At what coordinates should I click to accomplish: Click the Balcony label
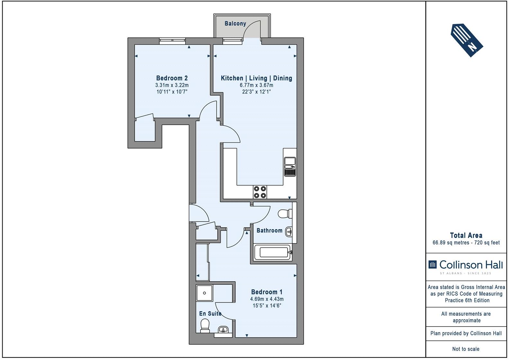pyautogui.click(x=235, y=23)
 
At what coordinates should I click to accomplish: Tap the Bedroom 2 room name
pyautogui.click(x=172, y=78)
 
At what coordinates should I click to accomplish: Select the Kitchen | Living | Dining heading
pyautogui.click(x=256, y=78)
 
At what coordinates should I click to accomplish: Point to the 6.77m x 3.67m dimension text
pyautogui.click(x=256, y=85)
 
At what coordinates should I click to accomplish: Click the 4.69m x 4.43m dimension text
pyautogui.click(x=267, y=299)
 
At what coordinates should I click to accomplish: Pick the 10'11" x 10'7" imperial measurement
pyautogui.click(x=172, y=92)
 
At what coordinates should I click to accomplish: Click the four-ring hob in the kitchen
pyautogui.click(x=260, y=192)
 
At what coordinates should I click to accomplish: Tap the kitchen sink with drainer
pyautogui.click(x=290, y=166)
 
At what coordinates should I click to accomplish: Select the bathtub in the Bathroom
pyautogui.click(x=273, y=252)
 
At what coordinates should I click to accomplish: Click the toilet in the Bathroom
pyautogui.click(x=285, y=214)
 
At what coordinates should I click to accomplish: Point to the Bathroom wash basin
pyautogui.click(x=289, y=232)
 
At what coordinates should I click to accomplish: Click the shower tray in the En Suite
pyautogui.click(x=204, y=293)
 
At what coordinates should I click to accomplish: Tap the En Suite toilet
pyautogui.click(x=205, y=326)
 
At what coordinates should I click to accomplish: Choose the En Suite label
pyautogui.click(x=210, y=313)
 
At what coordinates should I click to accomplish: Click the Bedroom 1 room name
pyautogui.click(x=267, y=292)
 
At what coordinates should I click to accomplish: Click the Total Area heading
pyautogui.click(x=466, y=235)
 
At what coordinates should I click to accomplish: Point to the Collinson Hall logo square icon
pyautogui.click(x=433, y=265)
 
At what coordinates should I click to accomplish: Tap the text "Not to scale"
pyautogui.click(x=466, y=349)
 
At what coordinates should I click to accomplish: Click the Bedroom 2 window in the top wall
pyautogui.click(x=172, y=41)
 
